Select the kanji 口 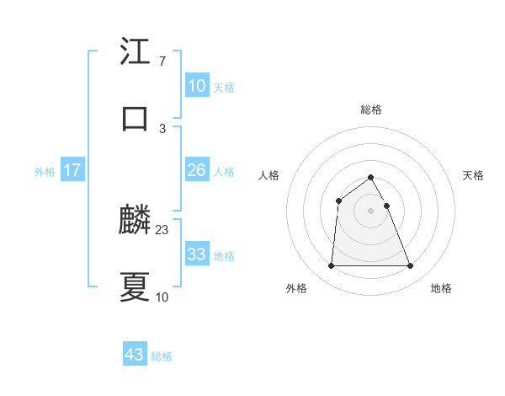[136, 118]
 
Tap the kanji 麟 [136, 221]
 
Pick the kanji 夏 [136, 286]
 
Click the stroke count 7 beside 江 [162, 62]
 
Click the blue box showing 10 [196, 86]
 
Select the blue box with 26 [196, 170]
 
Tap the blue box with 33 [196, 254]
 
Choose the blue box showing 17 [72, 170]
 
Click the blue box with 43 [135, 355]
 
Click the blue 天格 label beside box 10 [224, 88]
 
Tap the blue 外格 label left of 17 [45, 172]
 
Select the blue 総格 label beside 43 [162, 356]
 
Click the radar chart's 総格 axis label [371, 110]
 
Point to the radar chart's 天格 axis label [473, 175]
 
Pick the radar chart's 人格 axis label [269, 175]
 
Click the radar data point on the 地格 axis [411, 266]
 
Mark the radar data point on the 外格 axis [331, 266]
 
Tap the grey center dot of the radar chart [371, 211]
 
